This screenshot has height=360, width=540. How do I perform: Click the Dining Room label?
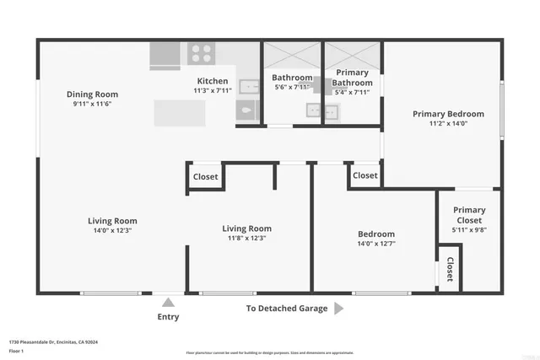[x=93, y=94]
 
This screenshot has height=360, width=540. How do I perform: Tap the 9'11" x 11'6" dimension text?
[x=93, y=104]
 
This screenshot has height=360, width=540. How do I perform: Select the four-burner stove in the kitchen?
[x=200, y=54]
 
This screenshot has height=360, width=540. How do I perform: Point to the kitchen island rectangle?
[x=179, y=113]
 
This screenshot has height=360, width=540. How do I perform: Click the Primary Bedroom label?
[x=448, y=114]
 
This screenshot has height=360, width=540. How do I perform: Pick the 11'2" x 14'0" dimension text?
[x=448, y=124]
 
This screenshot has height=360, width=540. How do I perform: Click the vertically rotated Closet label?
[x=450, y=268]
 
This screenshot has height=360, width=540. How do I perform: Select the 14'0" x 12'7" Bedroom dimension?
[x=375, y=244]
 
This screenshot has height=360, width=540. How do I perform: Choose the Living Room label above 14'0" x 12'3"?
[x=112, y=221]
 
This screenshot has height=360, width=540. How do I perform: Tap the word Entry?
[x=168, y=317]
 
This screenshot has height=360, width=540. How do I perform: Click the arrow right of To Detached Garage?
[x=338, y=309]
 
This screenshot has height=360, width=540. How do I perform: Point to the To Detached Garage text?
[x=287, y=309]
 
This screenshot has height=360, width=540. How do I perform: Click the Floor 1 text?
[x=15, y=351]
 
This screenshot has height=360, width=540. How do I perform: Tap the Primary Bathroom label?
[x=352, y=78]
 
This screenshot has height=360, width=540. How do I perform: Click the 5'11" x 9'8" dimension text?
[x=469, y=228]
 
